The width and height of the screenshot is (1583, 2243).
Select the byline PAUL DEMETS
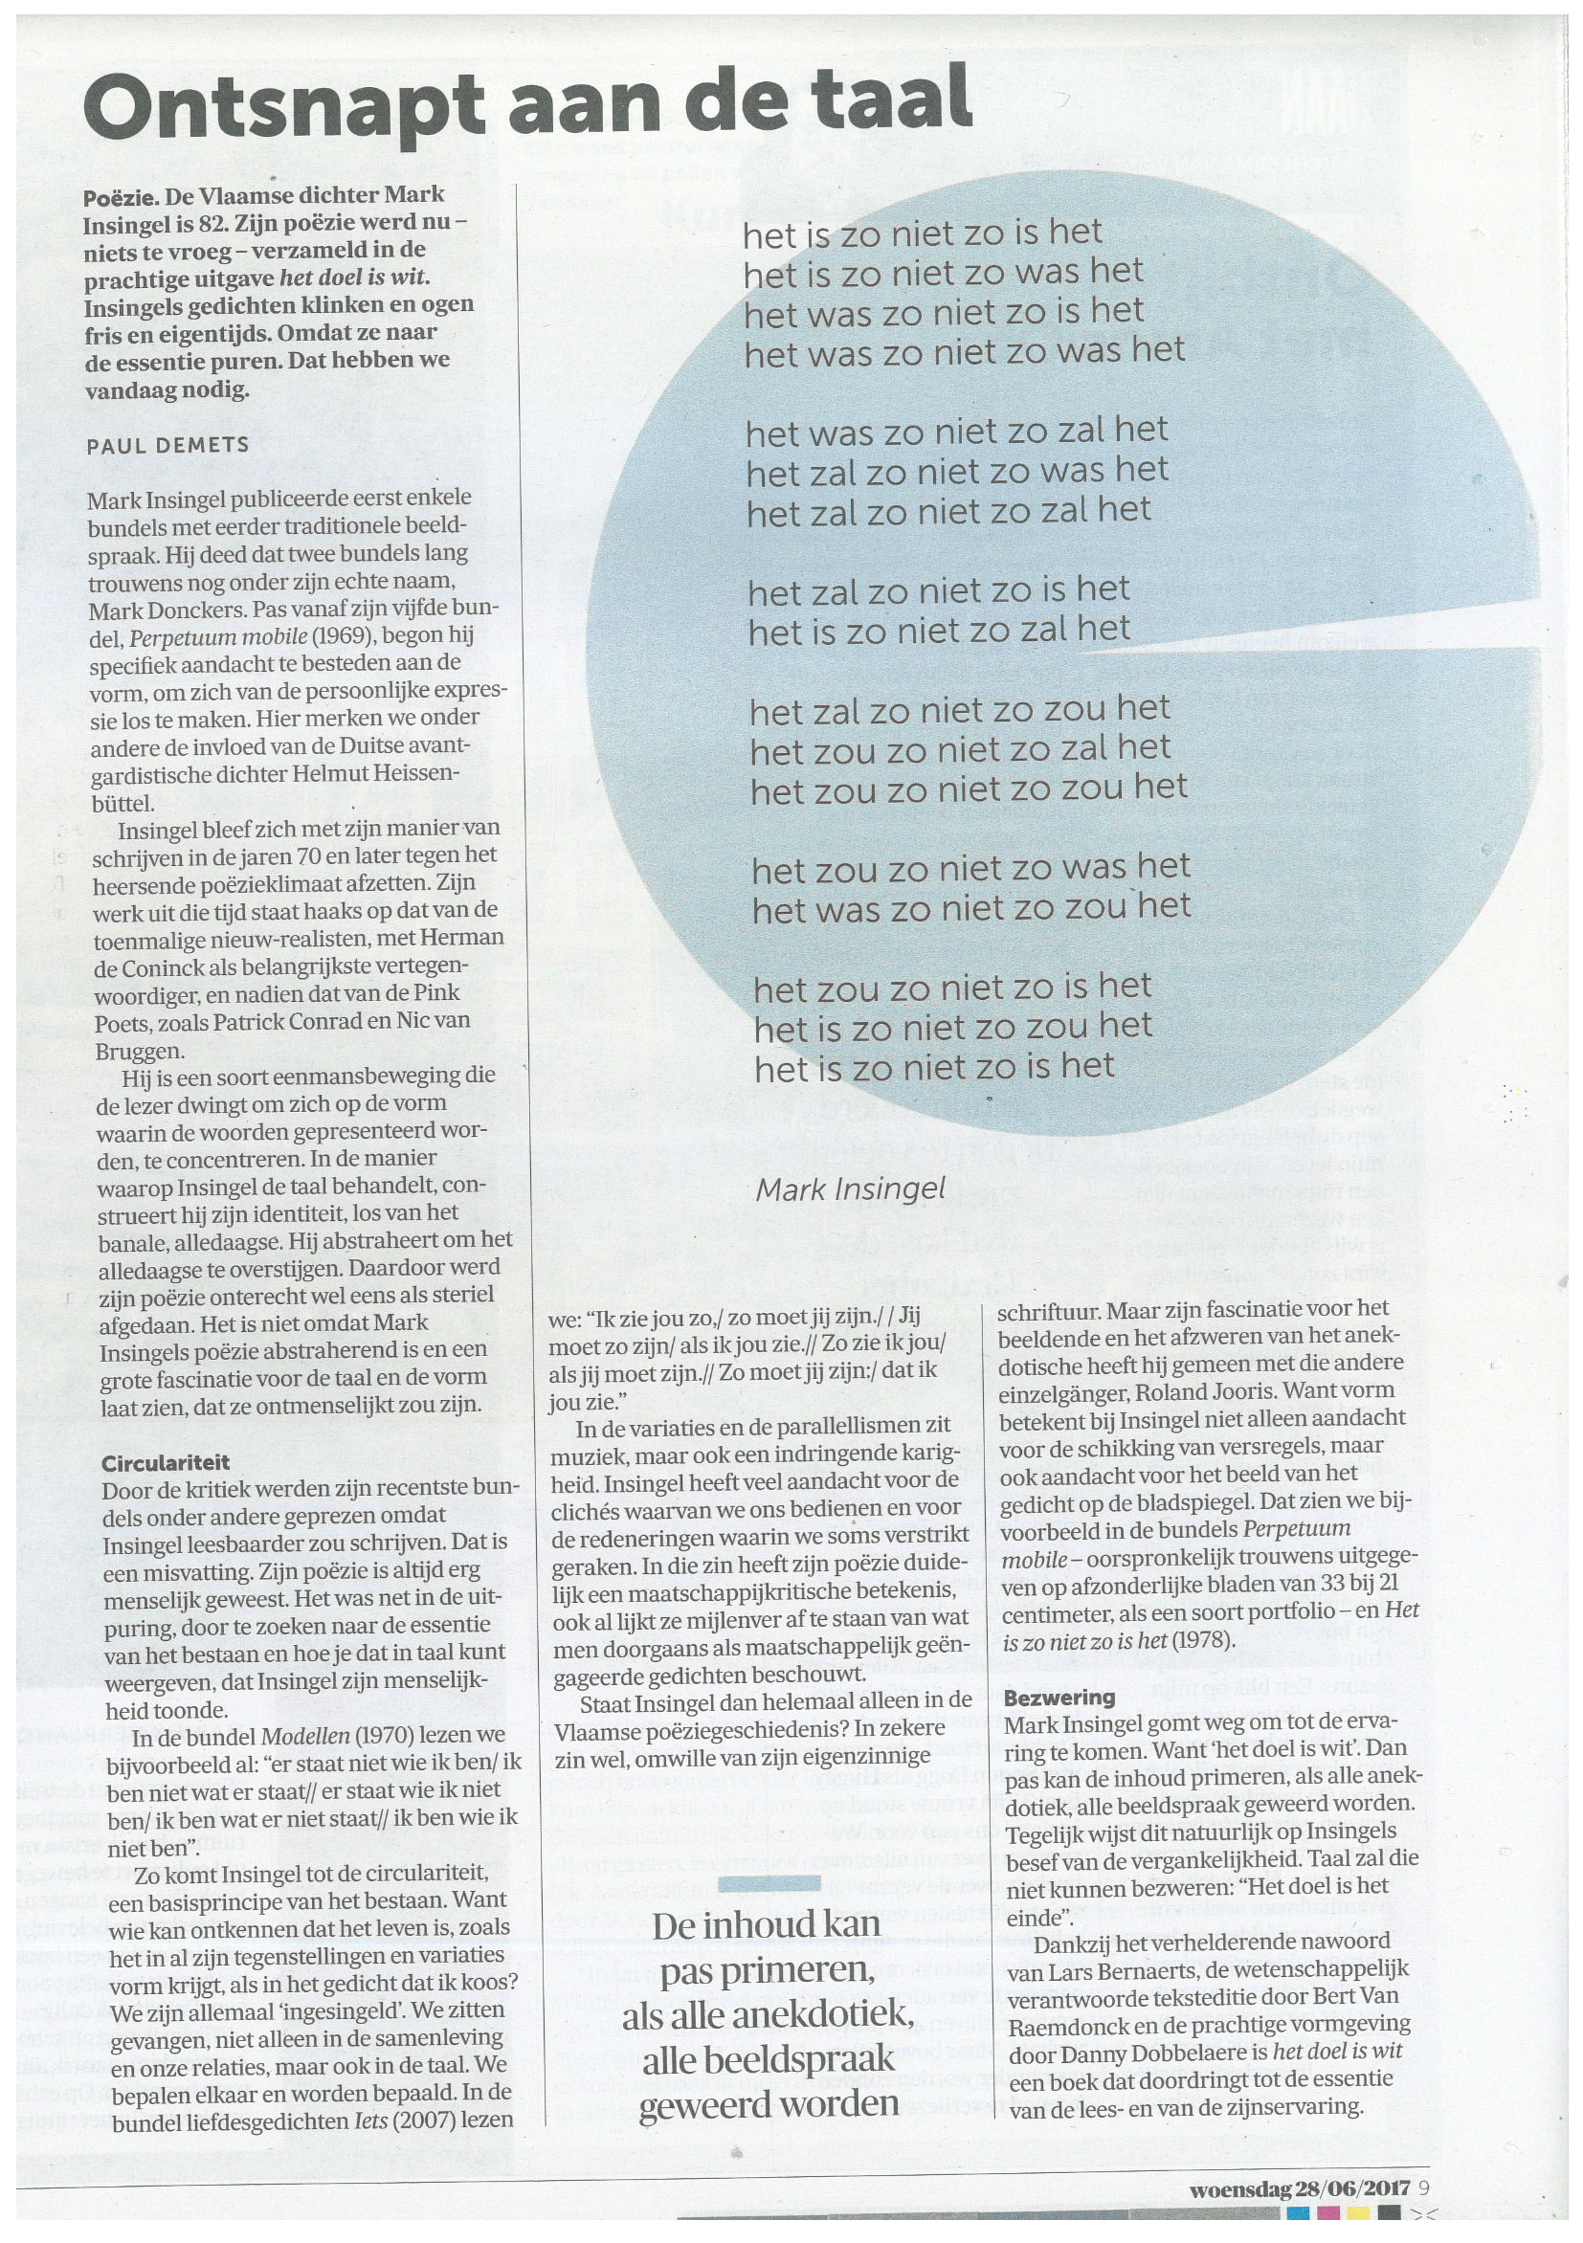point(168,446)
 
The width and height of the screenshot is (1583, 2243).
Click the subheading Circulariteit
point(166,1462)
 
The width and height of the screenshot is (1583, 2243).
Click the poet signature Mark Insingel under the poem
point(850,1188)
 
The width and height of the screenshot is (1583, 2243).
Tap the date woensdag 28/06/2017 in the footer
point(1299,2187)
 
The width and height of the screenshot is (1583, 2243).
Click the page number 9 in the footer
point(1424,2187)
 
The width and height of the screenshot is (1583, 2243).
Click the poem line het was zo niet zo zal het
point(957,431)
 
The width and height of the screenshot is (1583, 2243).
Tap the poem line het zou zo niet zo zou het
point(969,788)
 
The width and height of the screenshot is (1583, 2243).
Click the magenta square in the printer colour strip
point(1328,2211)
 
